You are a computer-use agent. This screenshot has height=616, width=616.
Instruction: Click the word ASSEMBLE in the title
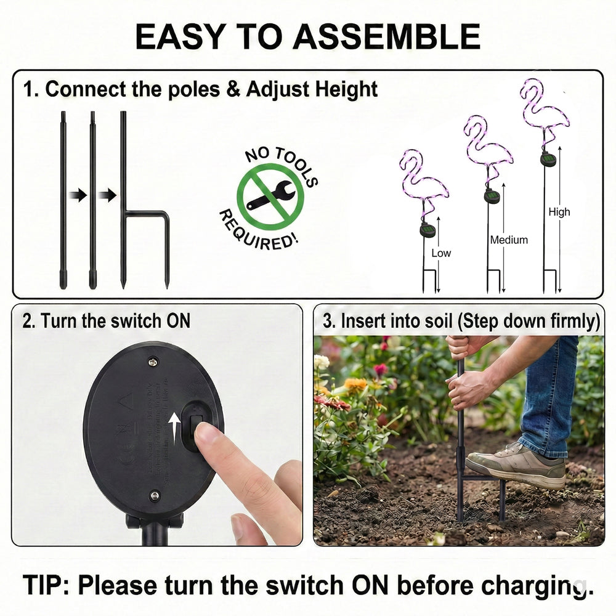(x=386, y=36)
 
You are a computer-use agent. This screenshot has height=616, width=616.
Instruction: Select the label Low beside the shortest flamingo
(x=441, y=253)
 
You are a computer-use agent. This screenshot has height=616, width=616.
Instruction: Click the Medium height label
(x=509, y=240)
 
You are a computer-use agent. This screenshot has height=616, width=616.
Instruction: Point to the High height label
(x=559, y=212)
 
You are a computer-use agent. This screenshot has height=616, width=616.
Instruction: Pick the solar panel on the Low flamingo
(x=428, y=231)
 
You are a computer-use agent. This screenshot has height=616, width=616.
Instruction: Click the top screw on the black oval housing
(x=152, y=362)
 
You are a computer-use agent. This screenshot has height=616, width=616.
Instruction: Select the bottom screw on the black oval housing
(x=155, y=495)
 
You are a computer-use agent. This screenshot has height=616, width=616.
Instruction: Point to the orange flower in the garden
(x=355, y=384)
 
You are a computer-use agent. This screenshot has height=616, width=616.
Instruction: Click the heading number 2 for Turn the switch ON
(x=28, y=321)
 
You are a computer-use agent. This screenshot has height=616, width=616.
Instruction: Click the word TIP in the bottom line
(x=46, y=585)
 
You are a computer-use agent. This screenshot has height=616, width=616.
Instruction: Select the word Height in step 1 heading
(x=346, y=89)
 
